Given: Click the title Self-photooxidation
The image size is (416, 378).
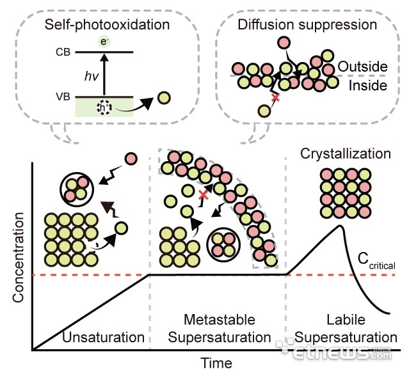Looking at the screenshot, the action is coord(107,25).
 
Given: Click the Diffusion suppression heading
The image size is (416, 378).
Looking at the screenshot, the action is coord(307,25).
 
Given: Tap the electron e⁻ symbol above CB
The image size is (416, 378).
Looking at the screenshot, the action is coord(104,42).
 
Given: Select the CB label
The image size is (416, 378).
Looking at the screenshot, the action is coord(63,52).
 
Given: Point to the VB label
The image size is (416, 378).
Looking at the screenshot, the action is coord(63,97).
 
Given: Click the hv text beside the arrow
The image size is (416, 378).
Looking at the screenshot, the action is coord(92,76).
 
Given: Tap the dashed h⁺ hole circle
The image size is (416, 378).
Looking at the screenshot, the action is coord(104,107).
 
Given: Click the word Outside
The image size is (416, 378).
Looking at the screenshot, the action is coord(362,67).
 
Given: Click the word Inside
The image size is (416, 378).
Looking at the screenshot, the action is coord(368,86).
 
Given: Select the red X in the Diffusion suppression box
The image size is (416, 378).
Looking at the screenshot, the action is coord(276,98).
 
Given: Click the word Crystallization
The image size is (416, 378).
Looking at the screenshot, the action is coord(346,154).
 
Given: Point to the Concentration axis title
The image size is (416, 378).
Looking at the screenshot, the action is coord(19,257).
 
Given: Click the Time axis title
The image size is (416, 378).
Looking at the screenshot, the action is coord(216,363).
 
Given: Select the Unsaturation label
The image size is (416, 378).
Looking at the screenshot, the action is coord(103,338).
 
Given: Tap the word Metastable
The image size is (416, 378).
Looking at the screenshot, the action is coord(220,320).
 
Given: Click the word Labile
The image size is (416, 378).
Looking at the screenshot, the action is coord(346,320).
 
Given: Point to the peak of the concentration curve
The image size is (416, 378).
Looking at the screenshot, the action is coord(339,226).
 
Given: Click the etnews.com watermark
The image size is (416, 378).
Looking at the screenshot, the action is coord(333,350).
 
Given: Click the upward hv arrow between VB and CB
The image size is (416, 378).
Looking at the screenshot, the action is coord(104,74).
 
